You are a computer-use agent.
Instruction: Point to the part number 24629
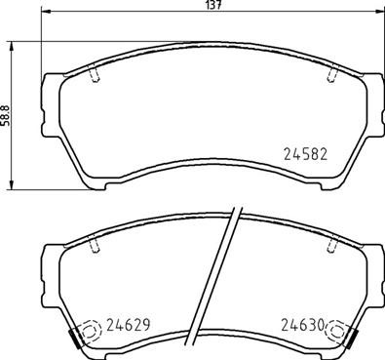pos(127,327)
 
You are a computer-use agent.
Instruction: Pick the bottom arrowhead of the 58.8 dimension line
pos(13,186)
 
